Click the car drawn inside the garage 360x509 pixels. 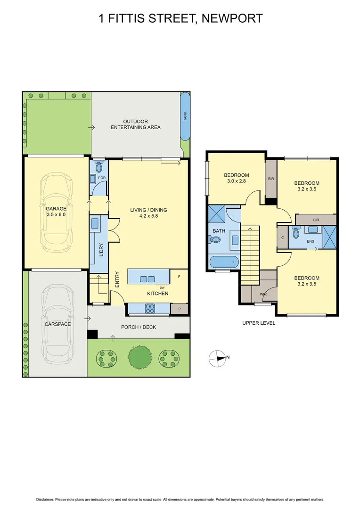(56, 211)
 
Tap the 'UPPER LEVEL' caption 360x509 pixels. (259, 323)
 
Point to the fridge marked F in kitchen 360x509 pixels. (179, 277)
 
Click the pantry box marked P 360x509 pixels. (179, 309)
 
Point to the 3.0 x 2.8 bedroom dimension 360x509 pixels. (236, 181)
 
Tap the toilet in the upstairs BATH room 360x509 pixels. (215, 239)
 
